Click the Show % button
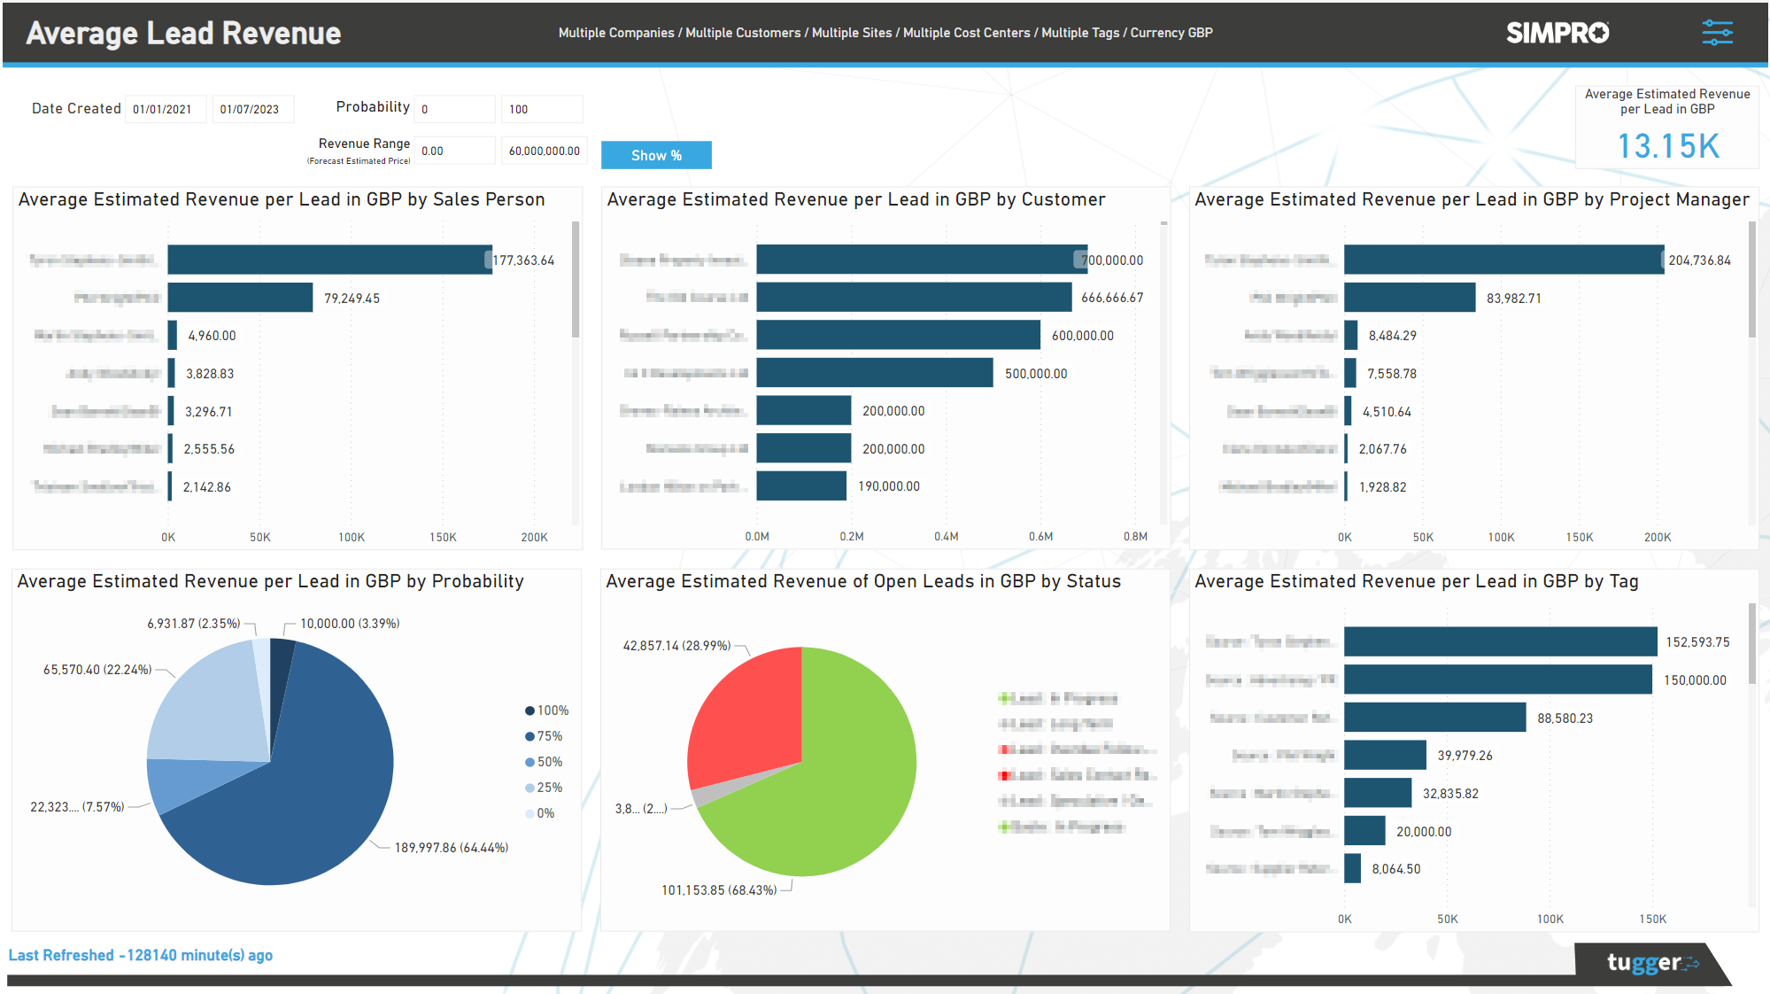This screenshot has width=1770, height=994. [656, 155]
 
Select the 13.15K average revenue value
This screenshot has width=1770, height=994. [1668, 146]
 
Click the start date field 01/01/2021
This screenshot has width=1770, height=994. [164, 109]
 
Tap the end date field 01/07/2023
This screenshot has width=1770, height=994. [251, 109]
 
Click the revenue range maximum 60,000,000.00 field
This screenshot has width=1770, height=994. [544, 151]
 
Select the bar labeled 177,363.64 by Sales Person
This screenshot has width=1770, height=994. [329, 260]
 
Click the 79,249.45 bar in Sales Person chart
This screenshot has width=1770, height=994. [240, 298]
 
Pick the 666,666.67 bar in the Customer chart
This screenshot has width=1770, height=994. [913, 298]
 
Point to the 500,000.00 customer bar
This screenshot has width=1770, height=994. [874, 373]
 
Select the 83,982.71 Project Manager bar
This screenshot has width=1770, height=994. [1409, 298]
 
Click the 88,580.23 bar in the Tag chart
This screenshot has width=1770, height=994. [1434, 718]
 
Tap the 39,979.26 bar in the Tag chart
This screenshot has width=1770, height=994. [1385, 755]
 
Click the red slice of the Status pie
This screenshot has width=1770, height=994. [748, 718]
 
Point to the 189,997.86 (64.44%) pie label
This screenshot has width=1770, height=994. [451, 848]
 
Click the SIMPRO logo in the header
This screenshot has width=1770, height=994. [1557, 33]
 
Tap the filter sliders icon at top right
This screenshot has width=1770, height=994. [1717, 33]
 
